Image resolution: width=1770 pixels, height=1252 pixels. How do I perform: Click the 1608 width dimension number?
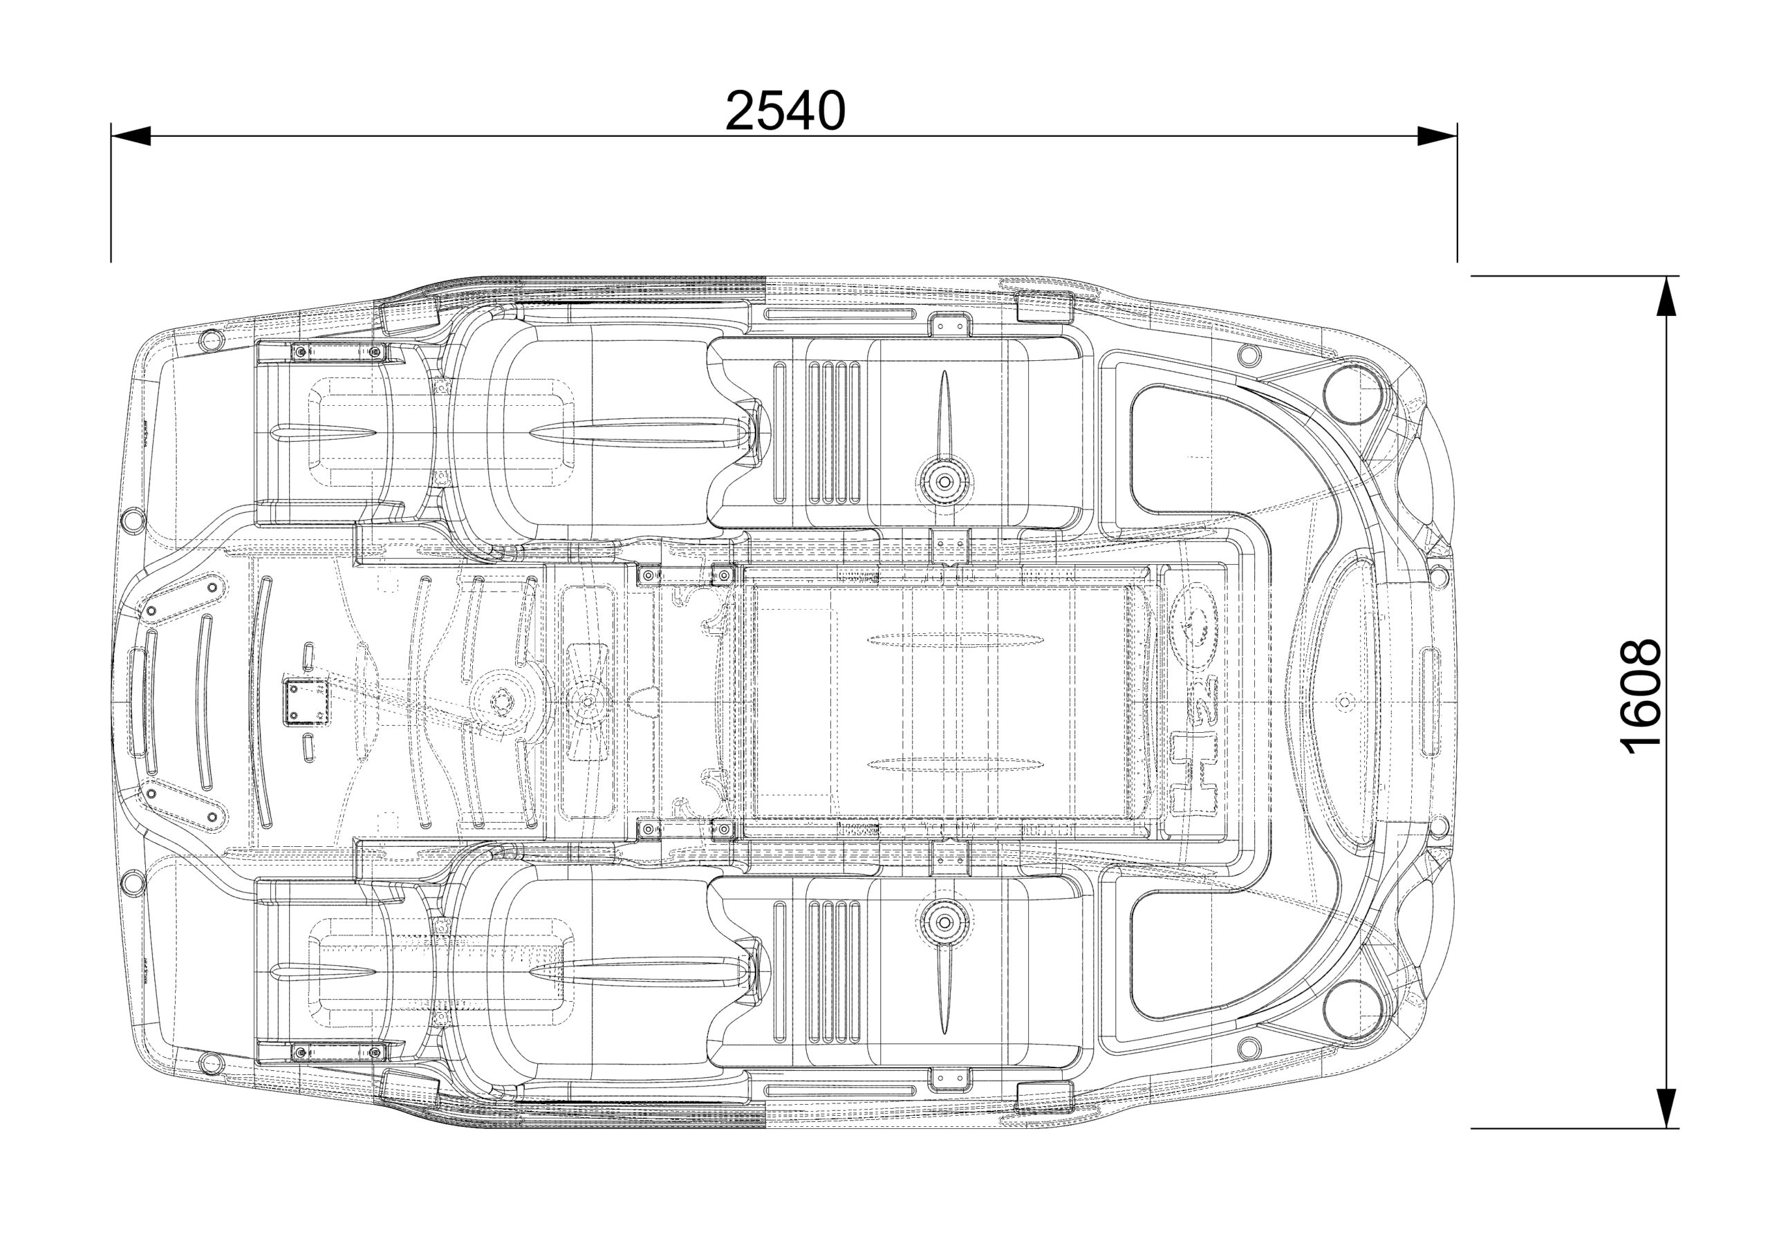pos(1640,697)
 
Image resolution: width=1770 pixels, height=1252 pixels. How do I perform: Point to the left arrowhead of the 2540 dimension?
pos(129,136)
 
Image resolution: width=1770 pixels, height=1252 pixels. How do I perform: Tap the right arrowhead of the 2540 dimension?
pos(1437,136)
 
